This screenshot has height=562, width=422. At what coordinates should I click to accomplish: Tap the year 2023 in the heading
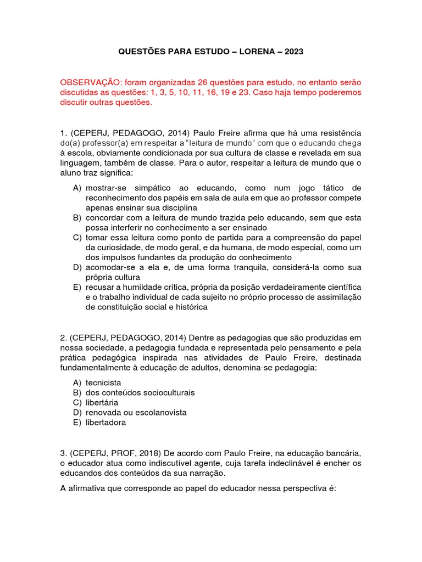point(292,52)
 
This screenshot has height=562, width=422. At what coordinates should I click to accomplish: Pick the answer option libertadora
point(105,423)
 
